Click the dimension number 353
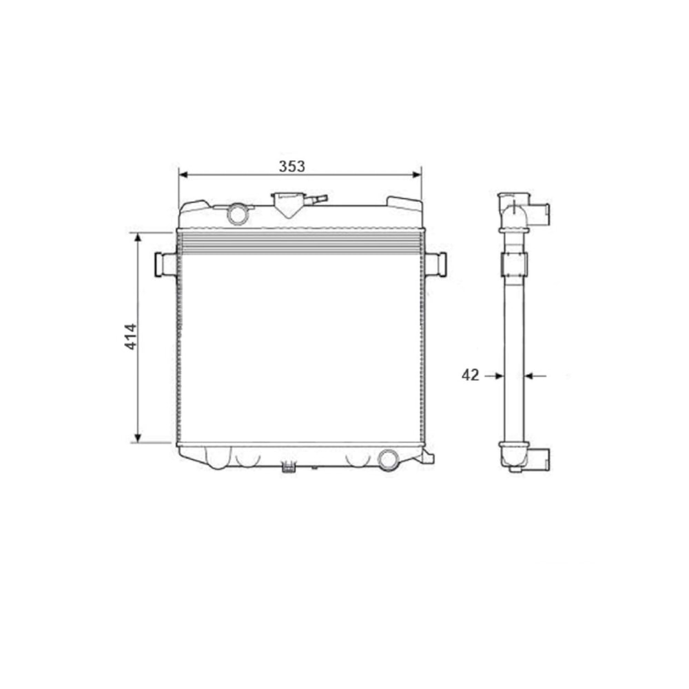click(291, 166)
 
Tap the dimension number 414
click(131, 337)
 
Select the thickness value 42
click(470, 375)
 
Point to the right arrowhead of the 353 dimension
click(417, 175)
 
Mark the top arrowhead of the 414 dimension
click(138, 238)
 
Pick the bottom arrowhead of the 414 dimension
click(138, 438)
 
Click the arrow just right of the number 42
click(494, 376)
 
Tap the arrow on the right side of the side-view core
click(535, 376)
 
